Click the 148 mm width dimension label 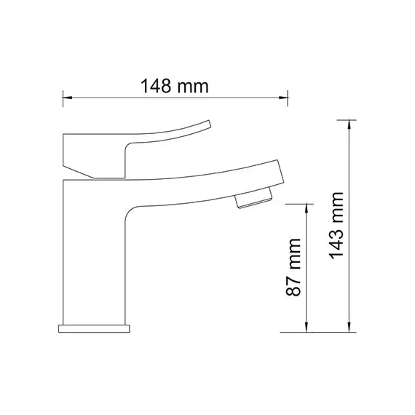[x=175, y=86]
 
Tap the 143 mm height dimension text [x=336, y=226]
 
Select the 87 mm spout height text [x=293, y=267]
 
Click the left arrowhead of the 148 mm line [x=67, y=98]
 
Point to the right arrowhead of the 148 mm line [x=283, y=98]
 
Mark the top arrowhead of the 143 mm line [x=349, y=125]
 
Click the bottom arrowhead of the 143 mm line [x=349, y=328]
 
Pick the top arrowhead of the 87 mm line [x=307, y=208]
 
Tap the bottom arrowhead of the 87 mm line [x=307, y=328]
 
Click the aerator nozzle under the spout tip [x=253, y=197]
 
